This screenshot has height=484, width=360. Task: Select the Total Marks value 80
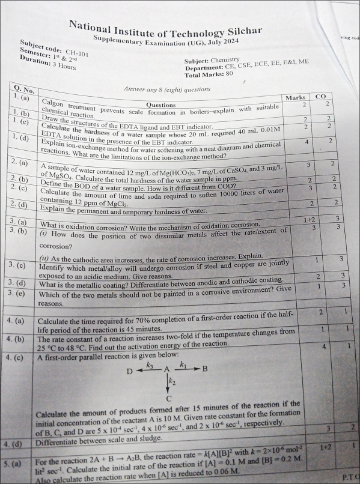coord(227,75)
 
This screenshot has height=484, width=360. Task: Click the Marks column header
coord(295,97)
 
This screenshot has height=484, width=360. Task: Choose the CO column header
coord(320,96)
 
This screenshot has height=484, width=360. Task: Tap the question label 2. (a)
coord(22,163)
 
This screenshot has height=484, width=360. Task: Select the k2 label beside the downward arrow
coord(172,381)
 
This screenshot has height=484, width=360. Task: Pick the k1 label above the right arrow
coord(184,364)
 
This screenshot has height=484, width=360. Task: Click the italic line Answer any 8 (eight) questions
coord(166,89)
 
